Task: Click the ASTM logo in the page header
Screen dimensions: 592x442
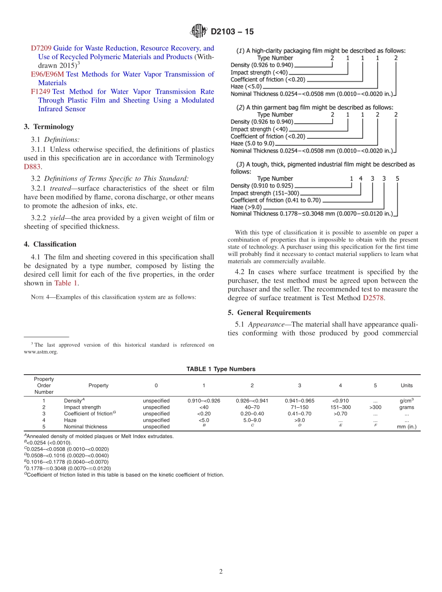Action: (199, 32)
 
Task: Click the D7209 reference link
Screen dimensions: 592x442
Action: (41, 48)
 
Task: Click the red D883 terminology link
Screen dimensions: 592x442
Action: (33, 167)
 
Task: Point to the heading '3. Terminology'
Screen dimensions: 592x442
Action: (49, 127)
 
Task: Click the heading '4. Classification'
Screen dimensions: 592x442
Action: (50, 244)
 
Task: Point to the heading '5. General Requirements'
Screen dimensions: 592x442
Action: (269, 312)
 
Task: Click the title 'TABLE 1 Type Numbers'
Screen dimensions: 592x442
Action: (221, 369)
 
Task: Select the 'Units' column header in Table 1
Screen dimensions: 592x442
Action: (406, 385)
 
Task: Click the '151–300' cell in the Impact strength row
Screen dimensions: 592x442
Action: (340, 407)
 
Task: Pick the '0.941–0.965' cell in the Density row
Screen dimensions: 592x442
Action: (299, 401)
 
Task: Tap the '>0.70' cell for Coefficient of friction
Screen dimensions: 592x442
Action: (340, 413)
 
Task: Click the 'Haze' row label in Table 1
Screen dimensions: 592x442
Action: (70, 420)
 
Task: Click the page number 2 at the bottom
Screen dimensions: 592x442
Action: (221, 572)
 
